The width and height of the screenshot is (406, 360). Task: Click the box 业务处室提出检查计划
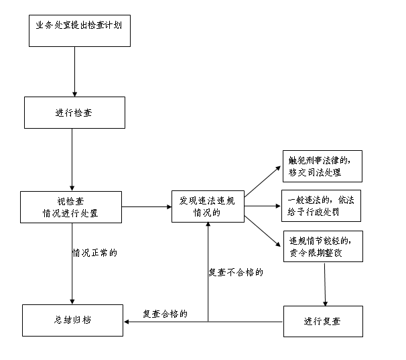pos(78,28)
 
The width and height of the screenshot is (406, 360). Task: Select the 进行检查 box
pos(74,112)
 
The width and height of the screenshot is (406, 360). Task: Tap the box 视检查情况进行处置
pos(71,207)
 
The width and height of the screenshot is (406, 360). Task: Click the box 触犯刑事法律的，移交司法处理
pos(322,166)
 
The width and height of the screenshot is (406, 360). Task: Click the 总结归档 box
pos(73,320)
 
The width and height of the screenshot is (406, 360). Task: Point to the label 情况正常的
pos(95,253)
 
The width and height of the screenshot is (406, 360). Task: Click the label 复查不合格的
pos(235,273)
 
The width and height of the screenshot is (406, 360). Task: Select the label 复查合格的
pos(165,313)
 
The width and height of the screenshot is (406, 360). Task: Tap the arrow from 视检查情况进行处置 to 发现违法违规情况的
pos(147,207)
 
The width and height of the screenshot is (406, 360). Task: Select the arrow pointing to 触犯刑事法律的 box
pos(263,180)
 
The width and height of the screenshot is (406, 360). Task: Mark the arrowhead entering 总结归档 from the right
pos(127,321)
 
